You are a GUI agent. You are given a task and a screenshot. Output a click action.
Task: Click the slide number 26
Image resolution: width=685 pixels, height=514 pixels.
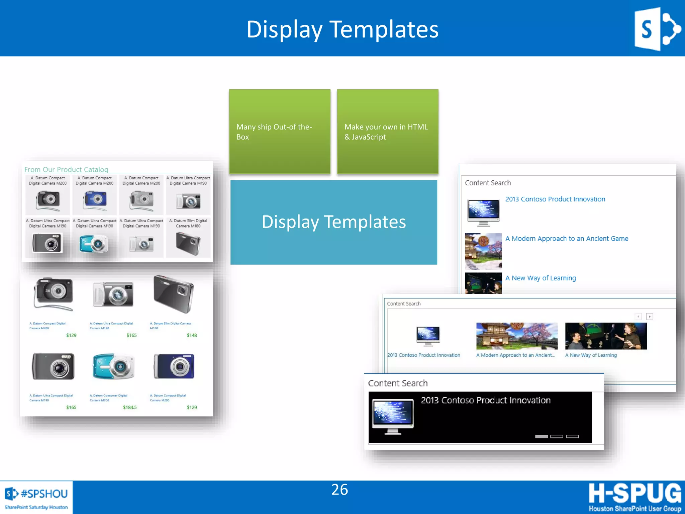pyautogui.click(x=339, y=490)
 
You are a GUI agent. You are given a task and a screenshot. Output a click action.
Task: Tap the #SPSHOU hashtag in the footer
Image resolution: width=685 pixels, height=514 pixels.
pyautogui.click(x=44, y=494)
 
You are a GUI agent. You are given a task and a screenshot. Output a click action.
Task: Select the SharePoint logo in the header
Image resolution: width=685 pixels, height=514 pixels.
pyautogui.click(x=657, y=29)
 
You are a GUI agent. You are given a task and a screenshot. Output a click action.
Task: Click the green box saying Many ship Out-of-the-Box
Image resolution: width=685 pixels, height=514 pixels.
pyautogui.click(x=280, y=132)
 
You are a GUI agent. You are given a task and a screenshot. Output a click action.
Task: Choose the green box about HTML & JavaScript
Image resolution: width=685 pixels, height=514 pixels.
pyautogui.click(x=387, y=132)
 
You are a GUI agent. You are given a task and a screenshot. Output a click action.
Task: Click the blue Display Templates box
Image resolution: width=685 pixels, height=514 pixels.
pyautogui.click(x=333, y=222)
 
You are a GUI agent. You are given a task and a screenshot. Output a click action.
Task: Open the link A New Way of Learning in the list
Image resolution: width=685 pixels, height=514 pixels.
pyautogui.click(x=541, y=278)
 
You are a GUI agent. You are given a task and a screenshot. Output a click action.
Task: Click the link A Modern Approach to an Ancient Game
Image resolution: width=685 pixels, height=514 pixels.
pyautogui.click(x=567, y=239)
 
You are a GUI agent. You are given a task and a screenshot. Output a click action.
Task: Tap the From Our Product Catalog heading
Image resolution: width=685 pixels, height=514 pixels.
pyautogui.click(x=66, y=169)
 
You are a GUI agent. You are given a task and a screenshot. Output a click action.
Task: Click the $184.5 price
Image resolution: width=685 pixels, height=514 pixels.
pyautogui.click(x=130, y=407)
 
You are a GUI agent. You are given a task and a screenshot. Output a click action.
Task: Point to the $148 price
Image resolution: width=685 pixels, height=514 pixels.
pyautogui.click(x=192, y=335)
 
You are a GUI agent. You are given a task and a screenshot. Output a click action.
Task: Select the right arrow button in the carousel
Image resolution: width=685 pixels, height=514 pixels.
pyautogui.click(x=650, y=316)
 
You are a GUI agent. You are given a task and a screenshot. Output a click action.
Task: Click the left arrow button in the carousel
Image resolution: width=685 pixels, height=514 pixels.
pyautogui.click(x=638, y=316)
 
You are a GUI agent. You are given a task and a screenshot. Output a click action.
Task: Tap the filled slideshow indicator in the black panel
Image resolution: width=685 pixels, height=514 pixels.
pyautogui.click(x=542, y=436)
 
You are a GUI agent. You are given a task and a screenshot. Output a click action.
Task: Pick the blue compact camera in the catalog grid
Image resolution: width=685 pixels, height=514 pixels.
pyautogui.click(x=95, y=199)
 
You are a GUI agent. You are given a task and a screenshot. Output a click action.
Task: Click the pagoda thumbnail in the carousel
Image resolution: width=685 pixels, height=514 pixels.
pyautogui.click(x=517, y=336)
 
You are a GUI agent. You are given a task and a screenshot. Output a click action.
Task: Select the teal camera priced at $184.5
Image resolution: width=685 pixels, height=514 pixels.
pyautogui.click(x=113, y=366)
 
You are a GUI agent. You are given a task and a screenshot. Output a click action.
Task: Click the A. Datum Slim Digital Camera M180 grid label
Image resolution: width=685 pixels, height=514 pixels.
pyautogui.click(x=188, y=223)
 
